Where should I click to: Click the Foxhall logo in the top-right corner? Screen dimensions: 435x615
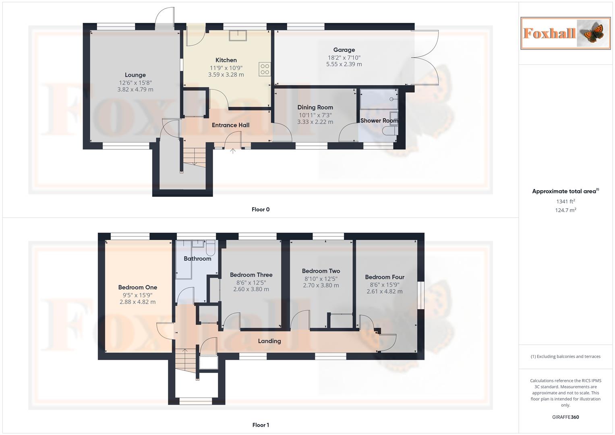565,33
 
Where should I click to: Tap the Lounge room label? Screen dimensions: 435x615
135,75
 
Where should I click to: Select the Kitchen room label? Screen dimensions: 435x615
226,60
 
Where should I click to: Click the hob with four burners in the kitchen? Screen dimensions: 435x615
265,69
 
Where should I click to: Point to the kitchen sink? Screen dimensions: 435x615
238,35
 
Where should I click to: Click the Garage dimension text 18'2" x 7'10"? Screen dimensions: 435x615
344,58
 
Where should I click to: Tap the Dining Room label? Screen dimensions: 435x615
315,108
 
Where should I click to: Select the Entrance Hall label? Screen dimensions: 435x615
230,125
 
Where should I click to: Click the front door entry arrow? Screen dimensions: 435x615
233,151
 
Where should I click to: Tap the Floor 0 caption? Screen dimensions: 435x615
261,209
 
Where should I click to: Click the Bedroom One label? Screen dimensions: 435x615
137,288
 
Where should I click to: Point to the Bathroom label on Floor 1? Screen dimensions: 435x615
197,259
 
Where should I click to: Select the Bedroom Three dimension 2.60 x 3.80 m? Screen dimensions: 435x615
251,289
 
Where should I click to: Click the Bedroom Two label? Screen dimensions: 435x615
321,271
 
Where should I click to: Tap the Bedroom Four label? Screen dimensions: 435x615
384,277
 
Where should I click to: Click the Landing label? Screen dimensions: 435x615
269,341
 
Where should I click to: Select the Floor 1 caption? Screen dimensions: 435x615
261,425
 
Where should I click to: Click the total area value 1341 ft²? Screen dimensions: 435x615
565,201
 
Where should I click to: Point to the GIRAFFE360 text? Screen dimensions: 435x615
565,417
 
